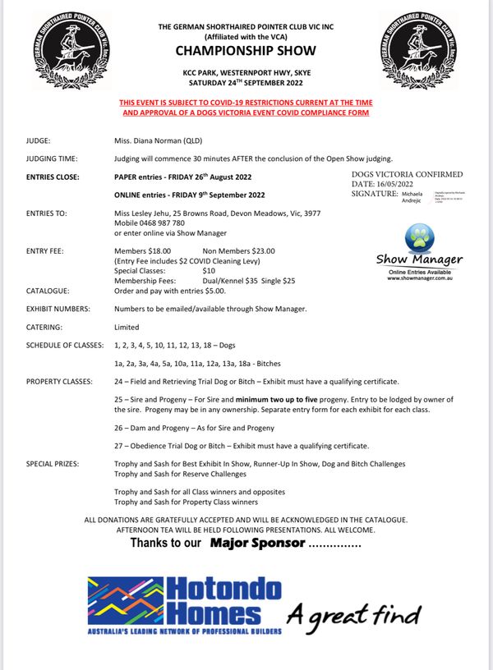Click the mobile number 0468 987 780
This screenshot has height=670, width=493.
pos(164,223)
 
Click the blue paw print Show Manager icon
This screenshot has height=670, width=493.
pos(419,239)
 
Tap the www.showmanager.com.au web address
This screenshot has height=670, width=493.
pos(419,278)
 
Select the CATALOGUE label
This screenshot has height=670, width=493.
pos(48,291)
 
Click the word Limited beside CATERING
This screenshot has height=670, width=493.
pos(128,326)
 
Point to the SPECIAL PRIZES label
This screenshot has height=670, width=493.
pos(53,464)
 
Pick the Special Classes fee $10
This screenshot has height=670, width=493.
pos(209,270)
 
